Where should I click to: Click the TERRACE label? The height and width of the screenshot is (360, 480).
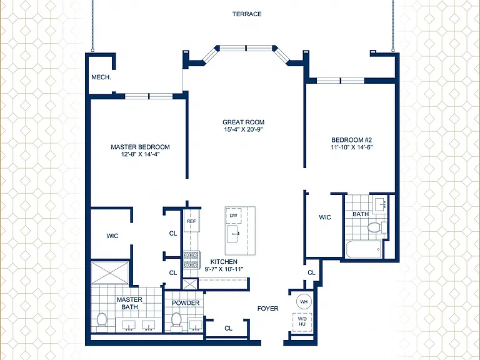247,14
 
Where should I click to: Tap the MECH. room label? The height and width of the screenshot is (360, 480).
101,77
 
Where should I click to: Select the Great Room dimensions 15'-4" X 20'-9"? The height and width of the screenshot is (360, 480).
243,129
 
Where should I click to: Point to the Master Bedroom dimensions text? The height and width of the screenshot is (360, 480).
141,154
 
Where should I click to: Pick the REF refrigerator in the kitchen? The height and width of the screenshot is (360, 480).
192,221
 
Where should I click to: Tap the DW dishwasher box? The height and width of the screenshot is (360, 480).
234,216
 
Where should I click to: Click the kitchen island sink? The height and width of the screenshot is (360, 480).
236,234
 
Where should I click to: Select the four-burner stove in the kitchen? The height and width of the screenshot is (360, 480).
192,260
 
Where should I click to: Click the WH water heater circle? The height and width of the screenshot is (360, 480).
304,302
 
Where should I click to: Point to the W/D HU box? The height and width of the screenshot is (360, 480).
302,322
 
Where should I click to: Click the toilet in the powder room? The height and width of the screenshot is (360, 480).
176,321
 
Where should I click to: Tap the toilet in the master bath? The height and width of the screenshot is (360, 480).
102,321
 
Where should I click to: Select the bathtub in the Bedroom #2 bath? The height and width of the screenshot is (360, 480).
364,249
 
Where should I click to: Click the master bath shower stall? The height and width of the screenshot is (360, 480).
110,272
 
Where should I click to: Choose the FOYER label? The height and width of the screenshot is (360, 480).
268,309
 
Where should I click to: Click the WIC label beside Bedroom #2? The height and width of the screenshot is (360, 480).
325,217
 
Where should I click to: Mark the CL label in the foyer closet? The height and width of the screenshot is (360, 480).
228,329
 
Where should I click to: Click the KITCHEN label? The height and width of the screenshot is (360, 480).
224,262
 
